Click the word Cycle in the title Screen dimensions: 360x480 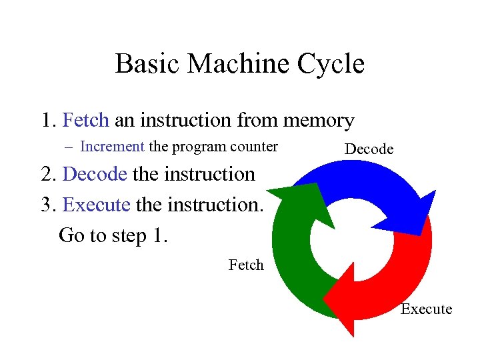(331, 65)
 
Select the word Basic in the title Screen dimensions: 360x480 (146, 65)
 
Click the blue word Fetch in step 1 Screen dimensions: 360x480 (85, 121)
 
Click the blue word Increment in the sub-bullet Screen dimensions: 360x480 (112, 147)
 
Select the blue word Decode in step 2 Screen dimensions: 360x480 (94, 174)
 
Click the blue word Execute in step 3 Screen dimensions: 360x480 (96, 204)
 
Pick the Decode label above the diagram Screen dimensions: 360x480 (369, 149)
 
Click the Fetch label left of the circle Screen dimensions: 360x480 (246, 265)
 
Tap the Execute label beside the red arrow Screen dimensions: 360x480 (426, 309)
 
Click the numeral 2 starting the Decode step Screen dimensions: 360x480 (47, 174)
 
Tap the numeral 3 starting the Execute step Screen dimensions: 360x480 (46, 204)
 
